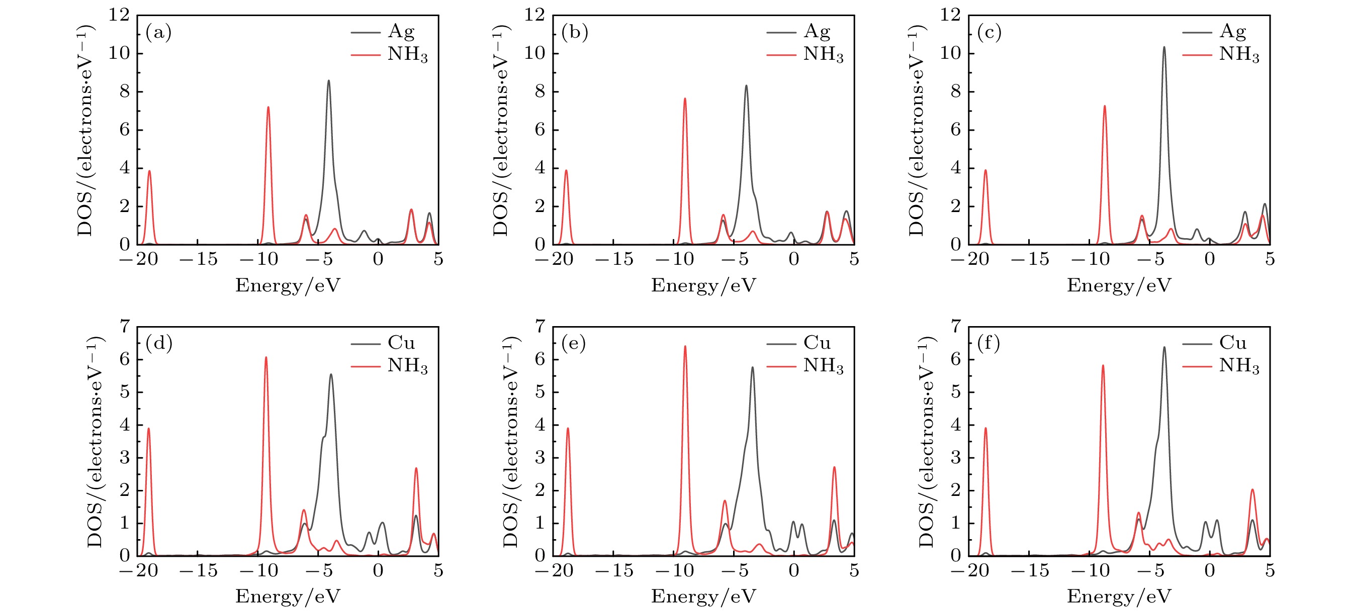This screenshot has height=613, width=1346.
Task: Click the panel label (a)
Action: [158, 32]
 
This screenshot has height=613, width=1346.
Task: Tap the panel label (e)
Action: [574, 343]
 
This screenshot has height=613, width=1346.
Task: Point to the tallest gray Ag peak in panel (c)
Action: [1163, 48]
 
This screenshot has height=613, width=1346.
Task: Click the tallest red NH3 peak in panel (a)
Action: [268, 108]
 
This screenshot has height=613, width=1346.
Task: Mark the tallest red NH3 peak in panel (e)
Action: [684, 347]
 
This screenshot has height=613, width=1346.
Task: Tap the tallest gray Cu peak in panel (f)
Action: [1164, 348]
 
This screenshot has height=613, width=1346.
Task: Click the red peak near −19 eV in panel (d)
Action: [148, 429]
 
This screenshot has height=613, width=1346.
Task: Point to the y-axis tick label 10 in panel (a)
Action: [119, 53]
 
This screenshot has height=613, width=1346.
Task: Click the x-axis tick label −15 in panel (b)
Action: [614, 259]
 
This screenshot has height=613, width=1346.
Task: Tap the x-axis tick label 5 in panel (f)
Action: [1270, 570]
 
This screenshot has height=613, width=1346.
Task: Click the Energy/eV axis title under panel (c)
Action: [1119, 285]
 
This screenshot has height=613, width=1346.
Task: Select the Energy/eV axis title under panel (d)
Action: [288, 596]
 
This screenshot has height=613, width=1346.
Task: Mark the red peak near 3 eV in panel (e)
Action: [835, 467]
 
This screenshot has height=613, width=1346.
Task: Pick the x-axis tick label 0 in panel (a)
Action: [378, 259]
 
